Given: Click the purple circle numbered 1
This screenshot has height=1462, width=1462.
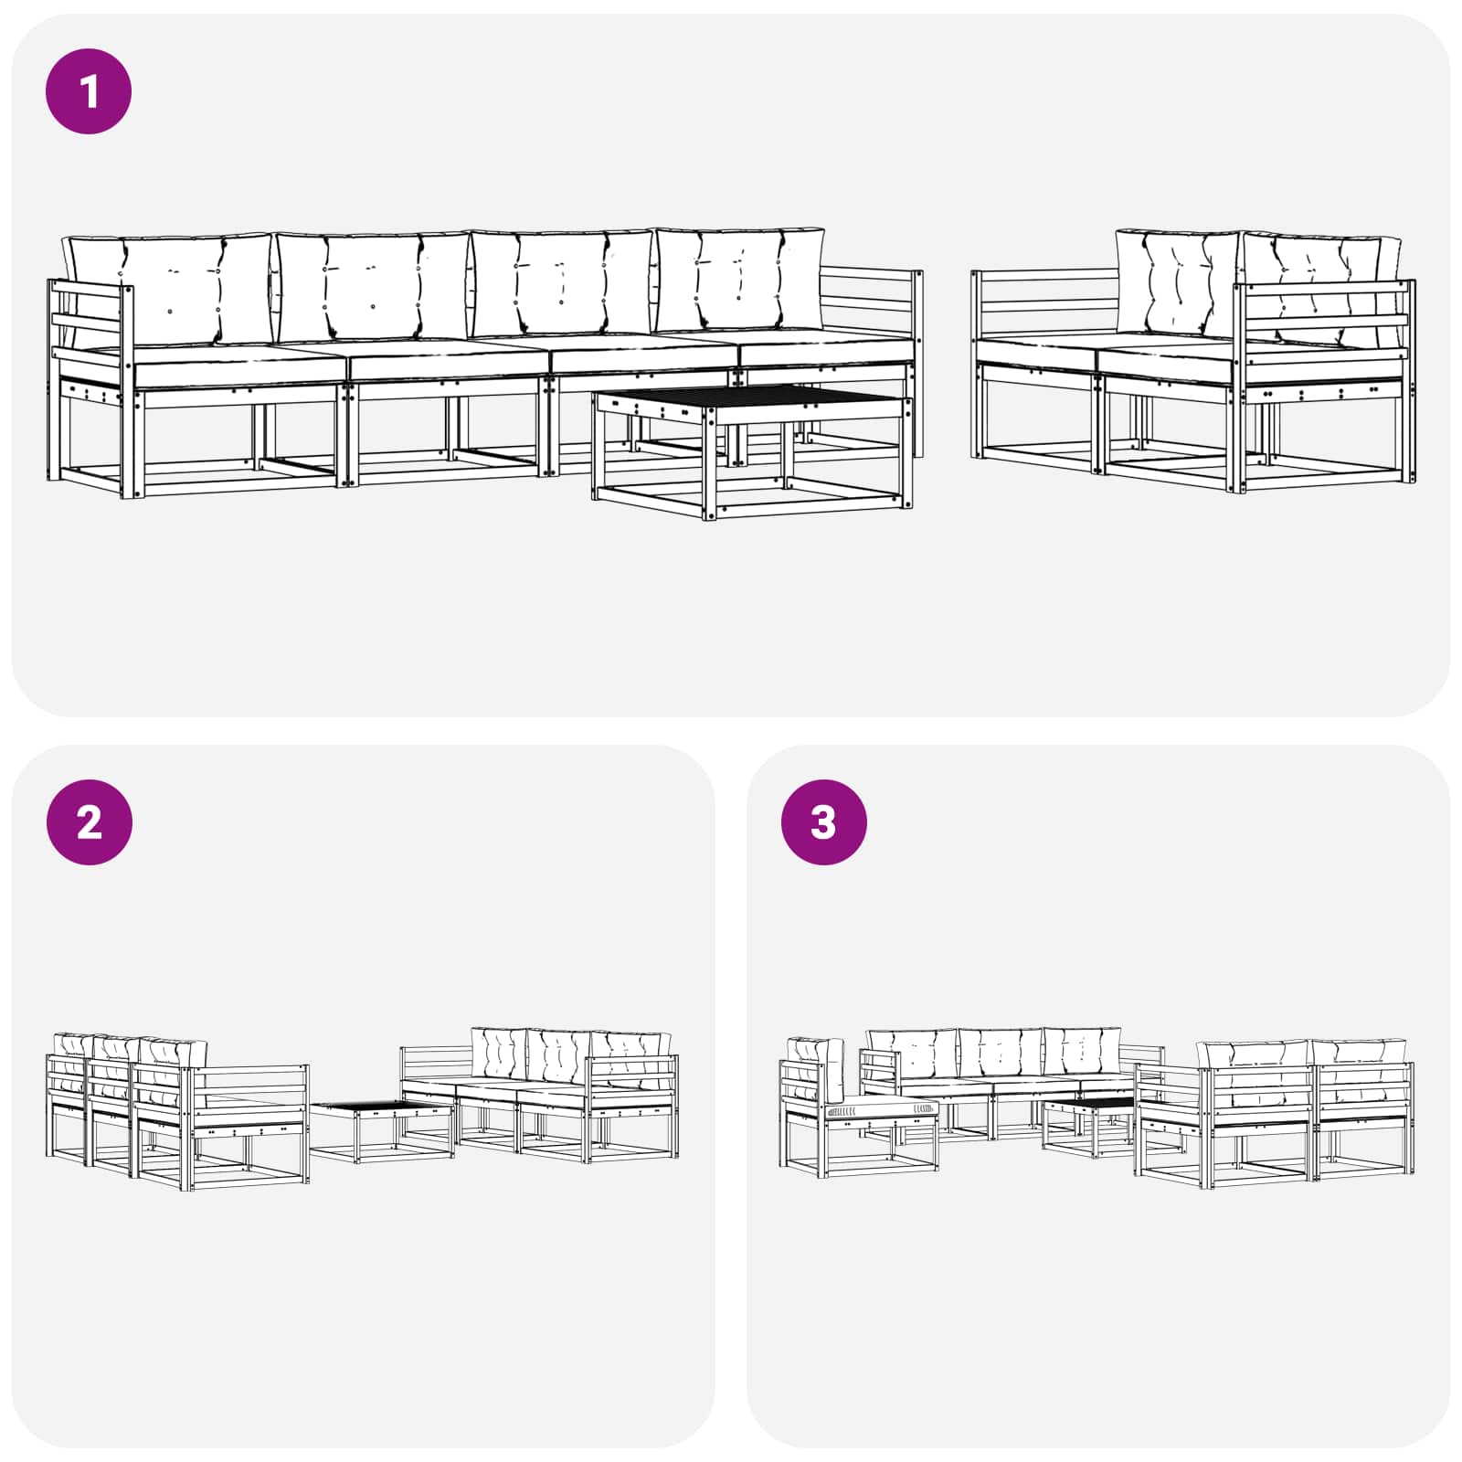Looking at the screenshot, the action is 89,91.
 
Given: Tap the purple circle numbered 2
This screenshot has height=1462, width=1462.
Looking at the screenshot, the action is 89,822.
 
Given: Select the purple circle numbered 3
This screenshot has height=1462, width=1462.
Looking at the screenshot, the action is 823,822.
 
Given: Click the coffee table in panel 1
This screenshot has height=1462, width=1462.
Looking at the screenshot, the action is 752,451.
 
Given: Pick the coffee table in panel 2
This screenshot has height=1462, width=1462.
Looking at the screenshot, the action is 382,1131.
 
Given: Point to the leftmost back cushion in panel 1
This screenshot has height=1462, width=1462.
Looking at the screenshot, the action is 169,288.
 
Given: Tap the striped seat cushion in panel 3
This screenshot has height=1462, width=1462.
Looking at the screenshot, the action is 881,1109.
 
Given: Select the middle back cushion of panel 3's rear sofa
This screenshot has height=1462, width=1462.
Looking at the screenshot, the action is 1001,1051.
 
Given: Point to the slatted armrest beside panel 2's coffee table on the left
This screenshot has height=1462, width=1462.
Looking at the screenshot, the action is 249,1086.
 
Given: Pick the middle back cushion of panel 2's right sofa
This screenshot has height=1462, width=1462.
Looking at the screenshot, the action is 559,1056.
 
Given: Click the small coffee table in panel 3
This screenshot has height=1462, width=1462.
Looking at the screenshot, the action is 1090,1126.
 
